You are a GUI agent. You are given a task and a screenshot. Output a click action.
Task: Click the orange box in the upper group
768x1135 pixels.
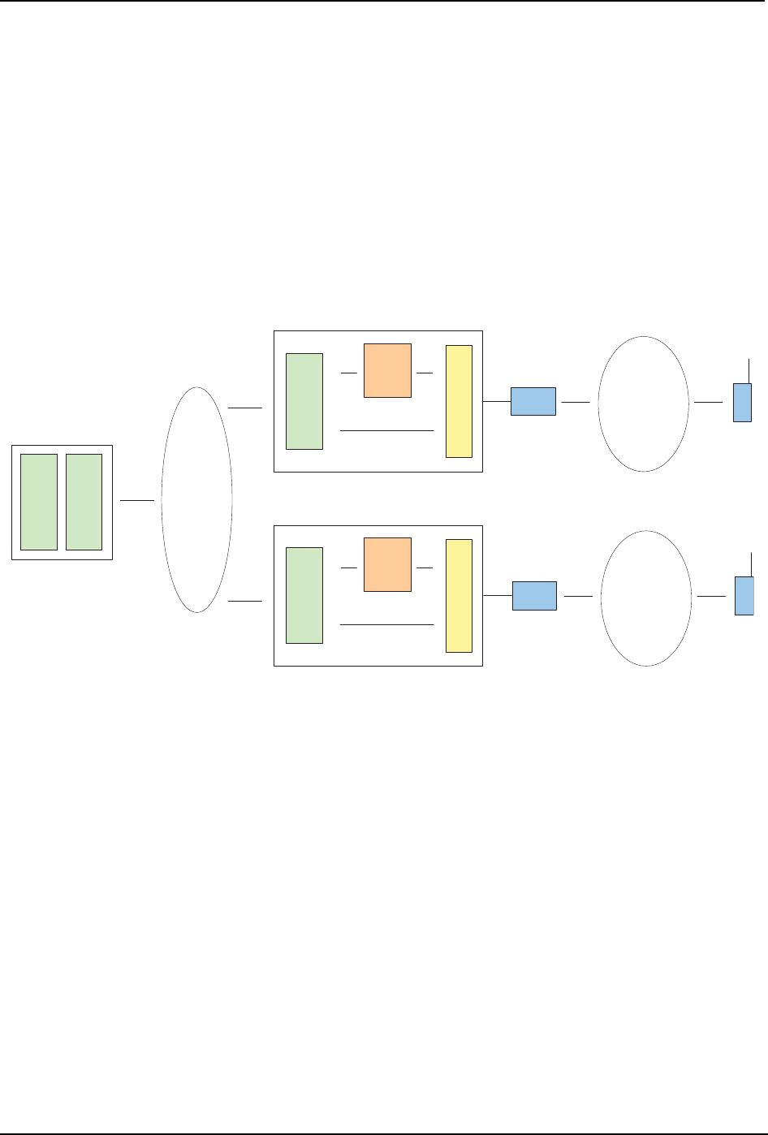(x=387, y=370)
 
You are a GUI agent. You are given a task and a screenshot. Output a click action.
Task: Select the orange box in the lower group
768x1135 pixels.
(x=387, y=564)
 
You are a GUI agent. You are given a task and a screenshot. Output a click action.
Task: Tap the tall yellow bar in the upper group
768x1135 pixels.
(x=459, y=401)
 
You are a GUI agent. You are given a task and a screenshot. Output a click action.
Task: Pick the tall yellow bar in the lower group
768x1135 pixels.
(x=459, y=595)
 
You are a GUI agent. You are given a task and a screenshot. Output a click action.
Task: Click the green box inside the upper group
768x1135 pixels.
(x=304, y=401)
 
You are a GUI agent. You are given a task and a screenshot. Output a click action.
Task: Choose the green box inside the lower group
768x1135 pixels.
(x=304, y=595)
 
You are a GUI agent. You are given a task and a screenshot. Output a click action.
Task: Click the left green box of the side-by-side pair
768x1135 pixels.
(x=39, y=502)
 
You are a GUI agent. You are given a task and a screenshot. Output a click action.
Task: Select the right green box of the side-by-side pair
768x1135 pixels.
(x=84, y=502)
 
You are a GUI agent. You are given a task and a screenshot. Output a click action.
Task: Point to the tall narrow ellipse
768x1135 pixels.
(x=197, y=499)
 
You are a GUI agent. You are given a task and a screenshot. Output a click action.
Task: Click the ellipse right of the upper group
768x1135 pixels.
(x=644, y=404)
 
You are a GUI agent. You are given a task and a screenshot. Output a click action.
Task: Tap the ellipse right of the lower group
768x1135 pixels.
(x=646, y=598)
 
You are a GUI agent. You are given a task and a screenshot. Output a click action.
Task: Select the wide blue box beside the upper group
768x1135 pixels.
(x=533, y=401)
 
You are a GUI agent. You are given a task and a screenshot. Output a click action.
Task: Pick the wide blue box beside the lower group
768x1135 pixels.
(x=534, y=595)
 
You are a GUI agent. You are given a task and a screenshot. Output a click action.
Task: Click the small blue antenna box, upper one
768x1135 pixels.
(x=742, y=402)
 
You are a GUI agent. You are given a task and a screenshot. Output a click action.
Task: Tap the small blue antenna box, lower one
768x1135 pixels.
(x=744, y=595)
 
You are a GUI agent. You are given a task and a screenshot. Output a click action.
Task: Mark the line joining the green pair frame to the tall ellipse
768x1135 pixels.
(x=136, y=501)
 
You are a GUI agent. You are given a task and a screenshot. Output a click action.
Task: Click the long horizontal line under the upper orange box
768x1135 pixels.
(x=386, y=429)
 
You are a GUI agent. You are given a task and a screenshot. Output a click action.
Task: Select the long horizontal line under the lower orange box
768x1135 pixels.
(x=386, y=624)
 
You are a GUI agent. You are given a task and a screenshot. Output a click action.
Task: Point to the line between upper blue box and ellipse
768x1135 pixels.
(x=576, y=402)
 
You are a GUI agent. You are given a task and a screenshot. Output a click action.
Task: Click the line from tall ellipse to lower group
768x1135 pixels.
(x=245, y=601)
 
